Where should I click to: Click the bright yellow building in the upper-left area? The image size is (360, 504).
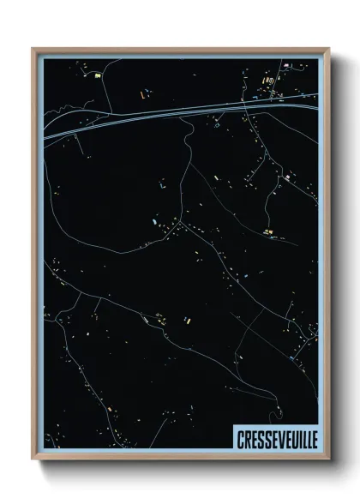[x=97, y=76]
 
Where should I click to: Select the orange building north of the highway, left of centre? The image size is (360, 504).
[x=142, y=91]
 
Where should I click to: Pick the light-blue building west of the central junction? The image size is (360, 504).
[x=154, y=223]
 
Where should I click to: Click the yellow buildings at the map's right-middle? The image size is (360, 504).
[x=269, y=231]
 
